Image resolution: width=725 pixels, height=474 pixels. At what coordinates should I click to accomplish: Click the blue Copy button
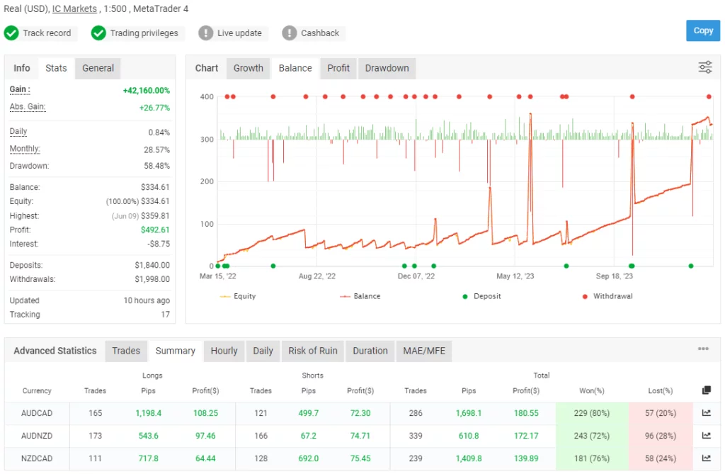coord(702,30)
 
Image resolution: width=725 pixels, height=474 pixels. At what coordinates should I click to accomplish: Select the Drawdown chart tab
coord(387,68)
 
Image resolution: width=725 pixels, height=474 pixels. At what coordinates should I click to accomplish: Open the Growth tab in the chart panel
coord(248,68)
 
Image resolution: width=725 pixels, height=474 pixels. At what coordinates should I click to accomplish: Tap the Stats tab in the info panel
coord(56,68)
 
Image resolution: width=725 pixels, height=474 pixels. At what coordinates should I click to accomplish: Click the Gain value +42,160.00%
coord(146,91)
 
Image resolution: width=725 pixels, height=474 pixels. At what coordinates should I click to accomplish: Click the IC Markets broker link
coord(74,9)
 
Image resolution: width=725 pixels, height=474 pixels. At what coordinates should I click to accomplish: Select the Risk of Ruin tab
coord(313,351)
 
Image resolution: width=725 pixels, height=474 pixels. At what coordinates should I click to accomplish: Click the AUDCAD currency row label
coord(37,413)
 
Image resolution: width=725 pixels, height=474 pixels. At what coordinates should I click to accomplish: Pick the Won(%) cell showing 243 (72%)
coord(592,436)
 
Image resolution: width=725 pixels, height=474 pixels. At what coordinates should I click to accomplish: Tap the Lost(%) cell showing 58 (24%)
coord(660,458)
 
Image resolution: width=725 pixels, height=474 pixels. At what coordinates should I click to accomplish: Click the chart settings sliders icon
coord(705,67)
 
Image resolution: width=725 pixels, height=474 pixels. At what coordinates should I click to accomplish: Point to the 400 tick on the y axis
coord(207,97)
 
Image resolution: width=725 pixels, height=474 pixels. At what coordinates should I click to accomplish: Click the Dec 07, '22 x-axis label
coord(416,276)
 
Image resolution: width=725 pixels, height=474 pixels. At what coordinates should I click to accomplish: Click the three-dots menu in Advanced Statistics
coord(703,349)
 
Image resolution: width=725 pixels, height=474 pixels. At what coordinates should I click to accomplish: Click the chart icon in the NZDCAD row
coord(706,458)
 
